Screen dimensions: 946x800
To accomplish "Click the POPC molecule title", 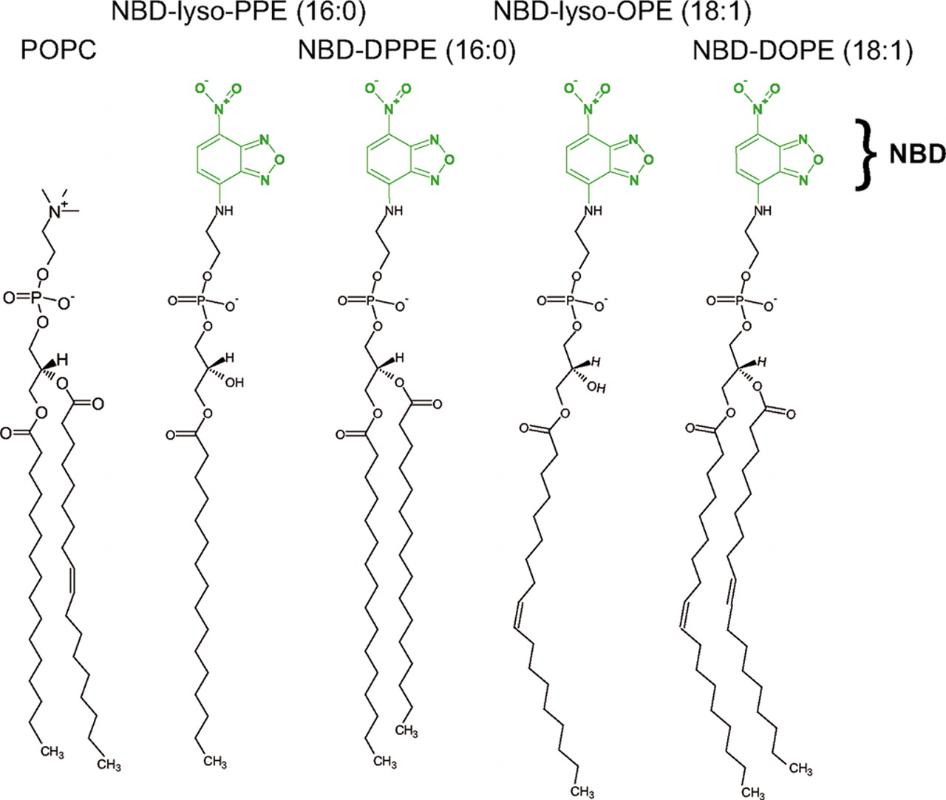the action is tap(58, 49).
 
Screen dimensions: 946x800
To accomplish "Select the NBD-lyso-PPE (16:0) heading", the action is tap(239, 13).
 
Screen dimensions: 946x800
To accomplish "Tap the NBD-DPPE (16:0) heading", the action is tap(406, 50).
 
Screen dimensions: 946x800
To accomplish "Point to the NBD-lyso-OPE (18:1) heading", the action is tap(622, 13).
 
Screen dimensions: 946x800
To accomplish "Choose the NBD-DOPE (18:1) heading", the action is tap(803, 50).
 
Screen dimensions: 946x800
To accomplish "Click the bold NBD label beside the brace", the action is tap(916, 154).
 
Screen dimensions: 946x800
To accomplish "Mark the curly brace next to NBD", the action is tap(866, 155).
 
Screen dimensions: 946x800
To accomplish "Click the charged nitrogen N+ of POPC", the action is tap(57, 211).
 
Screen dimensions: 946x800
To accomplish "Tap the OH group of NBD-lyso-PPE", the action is tap(234, 383).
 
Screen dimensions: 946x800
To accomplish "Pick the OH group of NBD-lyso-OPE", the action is tap(596, 388).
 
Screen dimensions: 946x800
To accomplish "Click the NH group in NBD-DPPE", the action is tap(395, 211).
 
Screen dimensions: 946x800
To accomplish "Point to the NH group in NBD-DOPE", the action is tap(763, 211).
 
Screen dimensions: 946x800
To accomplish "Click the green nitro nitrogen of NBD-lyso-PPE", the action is tap(220, 110).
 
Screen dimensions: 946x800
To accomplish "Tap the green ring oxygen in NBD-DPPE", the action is tap(450, 160).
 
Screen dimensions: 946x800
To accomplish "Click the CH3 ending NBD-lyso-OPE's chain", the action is tap(582, 792).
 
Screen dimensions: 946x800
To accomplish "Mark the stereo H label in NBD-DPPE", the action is tap(400, 358).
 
